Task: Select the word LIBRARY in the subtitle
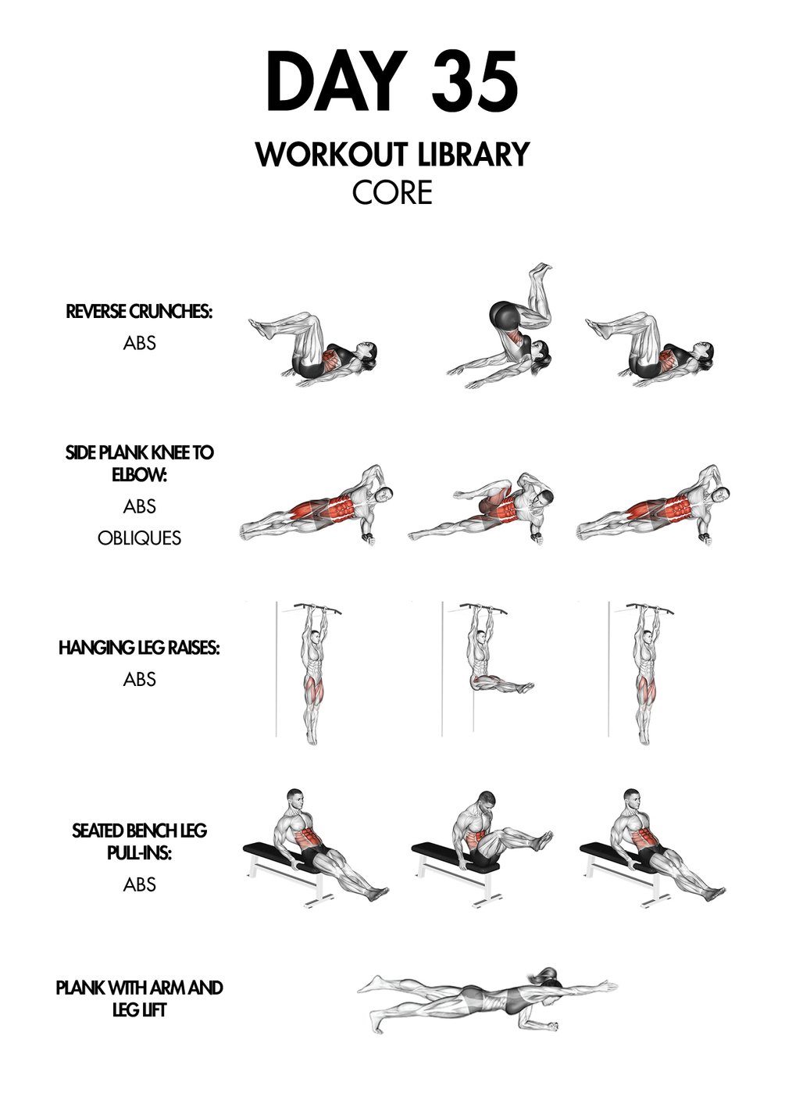pyautogui.click(x=473, y=154)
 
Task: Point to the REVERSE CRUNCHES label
pyautogui.click(x=139, y=312)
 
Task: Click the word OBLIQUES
pyautogui.click(x=139, y=538)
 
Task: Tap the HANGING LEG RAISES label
pyautogui.click(x=139, y=647)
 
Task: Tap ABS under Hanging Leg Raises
pyautogui.click(x=139, y=679)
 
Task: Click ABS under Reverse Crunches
pyautogui.click(x=139, y=343)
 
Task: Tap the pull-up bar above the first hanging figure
pyautogui.click(x=318, y=608)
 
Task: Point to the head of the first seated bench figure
pyautogui.click(x=294, y=799)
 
